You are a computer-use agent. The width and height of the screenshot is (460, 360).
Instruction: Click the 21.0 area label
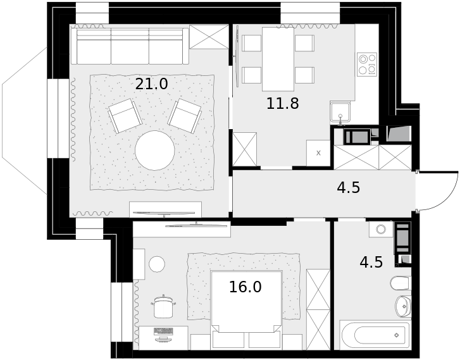click(x=151, y=84)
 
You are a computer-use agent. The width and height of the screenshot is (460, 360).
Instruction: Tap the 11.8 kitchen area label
click(x=282, y=104)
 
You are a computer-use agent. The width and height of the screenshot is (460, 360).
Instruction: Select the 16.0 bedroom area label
click(x=245, y=287)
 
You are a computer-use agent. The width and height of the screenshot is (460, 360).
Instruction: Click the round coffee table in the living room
click(x=155, y=151)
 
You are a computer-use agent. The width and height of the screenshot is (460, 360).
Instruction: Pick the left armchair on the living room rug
click(x=125, y=116)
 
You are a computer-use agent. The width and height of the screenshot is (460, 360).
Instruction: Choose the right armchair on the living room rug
click(x=185, y=116)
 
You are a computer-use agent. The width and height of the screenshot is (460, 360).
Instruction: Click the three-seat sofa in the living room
click(x=130, y=46)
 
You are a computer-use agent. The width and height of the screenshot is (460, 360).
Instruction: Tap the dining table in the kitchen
click(x=278, y=59)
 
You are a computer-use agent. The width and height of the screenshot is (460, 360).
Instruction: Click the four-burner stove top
click(x=367, y=65)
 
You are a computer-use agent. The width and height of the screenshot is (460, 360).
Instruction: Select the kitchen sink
click(x=340, y=112)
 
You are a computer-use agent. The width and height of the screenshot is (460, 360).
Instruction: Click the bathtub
click(x=375, y=335)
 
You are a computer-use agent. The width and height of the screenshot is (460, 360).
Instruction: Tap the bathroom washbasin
click(x=403, y=306)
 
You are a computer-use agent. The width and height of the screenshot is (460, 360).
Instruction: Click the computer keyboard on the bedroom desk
click(x=163, y=331)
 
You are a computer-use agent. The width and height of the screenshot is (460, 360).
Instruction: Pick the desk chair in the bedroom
click(x=163, y=307)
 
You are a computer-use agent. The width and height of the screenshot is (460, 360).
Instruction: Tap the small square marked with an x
click(x=318, y=153)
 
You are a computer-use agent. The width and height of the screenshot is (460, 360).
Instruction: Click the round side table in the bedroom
click(x=157, y=264)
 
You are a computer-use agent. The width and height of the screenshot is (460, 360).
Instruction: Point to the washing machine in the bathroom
click(x=381, y=229)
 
